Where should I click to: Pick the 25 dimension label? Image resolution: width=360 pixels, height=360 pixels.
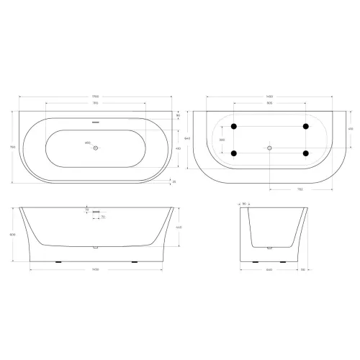(174, 181)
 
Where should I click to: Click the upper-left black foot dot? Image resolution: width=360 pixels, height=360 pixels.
(234, 127)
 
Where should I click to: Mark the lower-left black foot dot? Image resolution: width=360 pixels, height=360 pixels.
(234, 153)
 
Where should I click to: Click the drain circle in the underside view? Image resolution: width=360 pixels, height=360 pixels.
(270, 148)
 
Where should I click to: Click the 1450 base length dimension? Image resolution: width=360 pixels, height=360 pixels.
(95, 270)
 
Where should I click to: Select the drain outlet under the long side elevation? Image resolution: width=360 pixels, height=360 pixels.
(95, 248)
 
